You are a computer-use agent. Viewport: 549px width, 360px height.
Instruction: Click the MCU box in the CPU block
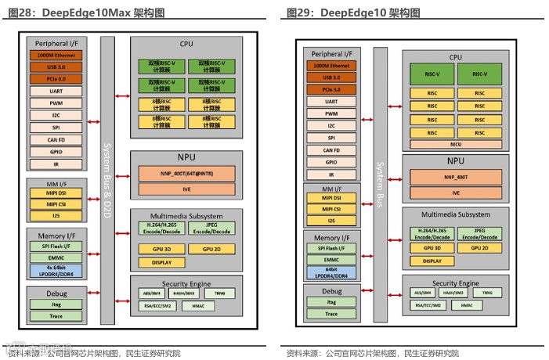[455, 144]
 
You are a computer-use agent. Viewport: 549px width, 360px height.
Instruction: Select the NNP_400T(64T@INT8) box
[186, 172]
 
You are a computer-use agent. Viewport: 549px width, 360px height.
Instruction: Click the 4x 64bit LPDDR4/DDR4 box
[56, 271]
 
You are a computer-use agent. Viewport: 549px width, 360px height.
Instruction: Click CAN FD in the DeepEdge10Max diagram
[56, 140]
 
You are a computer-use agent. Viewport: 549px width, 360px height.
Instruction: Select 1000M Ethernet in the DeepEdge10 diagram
[331, 66]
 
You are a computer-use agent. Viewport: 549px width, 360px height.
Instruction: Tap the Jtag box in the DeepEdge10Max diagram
[56, 306]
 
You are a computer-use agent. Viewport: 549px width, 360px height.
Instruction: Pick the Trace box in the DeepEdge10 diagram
[331, 314]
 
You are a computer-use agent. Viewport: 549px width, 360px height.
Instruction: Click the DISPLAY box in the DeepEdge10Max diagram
[162, 263]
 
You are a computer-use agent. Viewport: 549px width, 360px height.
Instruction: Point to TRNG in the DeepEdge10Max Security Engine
[219, 293]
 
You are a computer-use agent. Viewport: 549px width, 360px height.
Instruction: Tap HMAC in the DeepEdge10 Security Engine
[467, 304]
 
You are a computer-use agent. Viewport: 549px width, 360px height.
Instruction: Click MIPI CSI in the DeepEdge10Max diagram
[56, 204]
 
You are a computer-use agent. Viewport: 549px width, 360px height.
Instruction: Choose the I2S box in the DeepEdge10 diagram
[331, 221]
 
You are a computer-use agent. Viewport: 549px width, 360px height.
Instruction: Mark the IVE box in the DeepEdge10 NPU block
[455, 192]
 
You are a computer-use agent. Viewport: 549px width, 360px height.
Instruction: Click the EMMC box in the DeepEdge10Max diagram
[56, 257]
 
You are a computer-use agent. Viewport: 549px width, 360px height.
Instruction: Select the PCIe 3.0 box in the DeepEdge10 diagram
[331, 89]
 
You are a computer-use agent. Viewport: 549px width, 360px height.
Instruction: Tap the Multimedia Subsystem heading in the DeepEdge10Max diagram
[186, 216]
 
